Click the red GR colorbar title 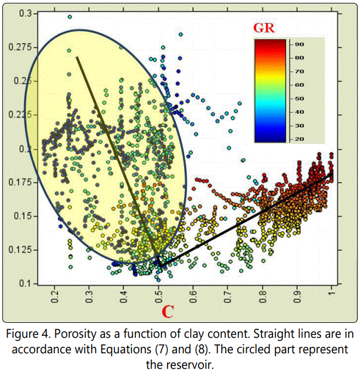pos(264,28)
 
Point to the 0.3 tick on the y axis pos(26,13)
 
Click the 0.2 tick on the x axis pos(54,297)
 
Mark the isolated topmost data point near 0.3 pos(70,17)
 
